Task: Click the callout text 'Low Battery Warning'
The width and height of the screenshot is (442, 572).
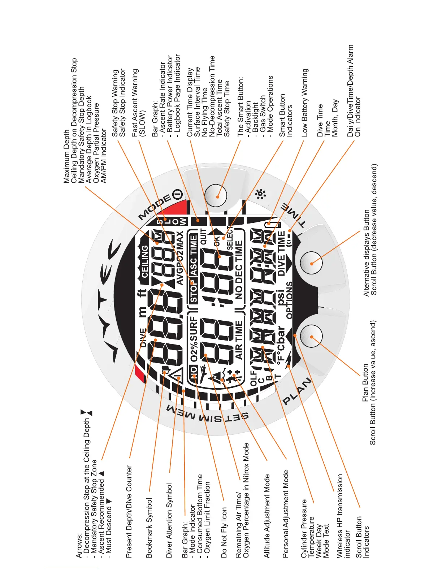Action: click(305, 103)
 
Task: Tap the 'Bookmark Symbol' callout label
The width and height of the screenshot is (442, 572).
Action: click(149, 528)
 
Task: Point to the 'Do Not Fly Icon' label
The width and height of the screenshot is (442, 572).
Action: click(224, 532)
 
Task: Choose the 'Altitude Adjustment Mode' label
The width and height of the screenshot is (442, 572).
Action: click(267, 516)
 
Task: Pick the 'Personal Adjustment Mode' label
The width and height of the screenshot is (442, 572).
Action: click(286, 514)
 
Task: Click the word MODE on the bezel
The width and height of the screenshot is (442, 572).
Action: click(155, 207)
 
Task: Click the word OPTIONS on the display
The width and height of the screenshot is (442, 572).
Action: click(289, 300)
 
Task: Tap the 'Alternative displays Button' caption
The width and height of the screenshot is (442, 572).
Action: click(366, 253)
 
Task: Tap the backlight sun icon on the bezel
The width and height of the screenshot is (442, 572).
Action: click(260, 195)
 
